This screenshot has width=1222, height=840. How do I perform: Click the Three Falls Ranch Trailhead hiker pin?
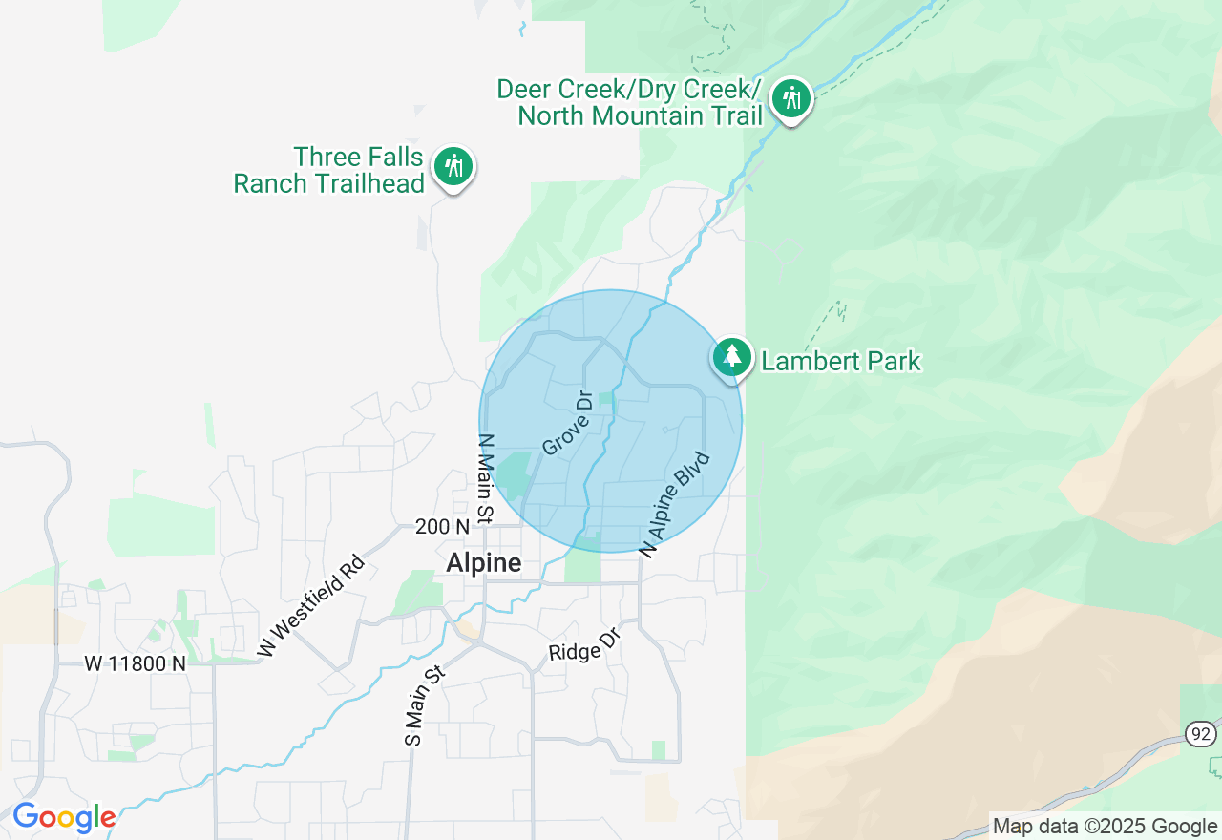[453, 167]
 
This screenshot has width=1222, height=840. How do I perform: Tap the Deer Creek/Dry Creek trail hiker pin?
[790, 98]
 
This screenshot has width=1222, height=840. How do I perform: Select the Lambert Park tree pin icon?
[731, 357]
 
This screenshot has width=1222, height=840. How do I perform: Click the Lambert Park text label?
[840, 361]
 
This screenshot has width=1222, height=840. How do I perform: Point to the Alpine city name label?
[484, 563]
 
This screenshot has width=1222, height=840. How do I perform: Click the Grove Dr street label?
[568, 422]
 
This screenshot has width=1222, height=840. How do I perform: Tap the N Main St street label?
[486, 479]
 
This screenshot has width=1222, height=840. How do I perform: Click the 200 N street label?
[443, 527]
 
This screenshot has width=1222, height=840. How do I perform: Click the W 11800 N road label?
[135, 662]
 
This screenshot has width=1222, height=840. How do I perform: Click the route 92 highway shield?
[1200, 733]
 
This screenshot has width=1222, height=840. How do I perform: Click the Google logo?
[64, 818]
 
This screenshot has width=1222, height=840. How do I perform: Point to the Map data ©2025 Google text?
[1105, 827]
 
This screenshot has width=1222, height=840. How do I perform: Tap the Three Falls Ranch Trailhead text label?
[329, 170]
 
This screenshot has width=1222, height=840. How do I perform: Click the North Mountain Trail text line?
[640, 116]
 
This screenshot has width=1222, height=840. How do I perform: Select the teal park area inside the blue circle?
[514, 475]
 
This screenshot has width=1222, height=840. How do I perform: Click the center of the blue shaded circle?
[610, 421]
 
